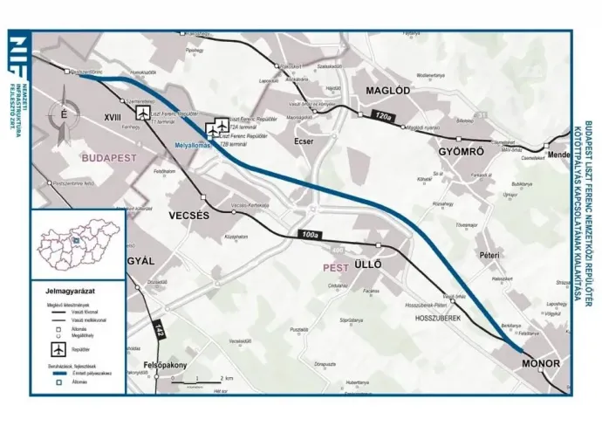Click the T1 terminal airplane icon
143,114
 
